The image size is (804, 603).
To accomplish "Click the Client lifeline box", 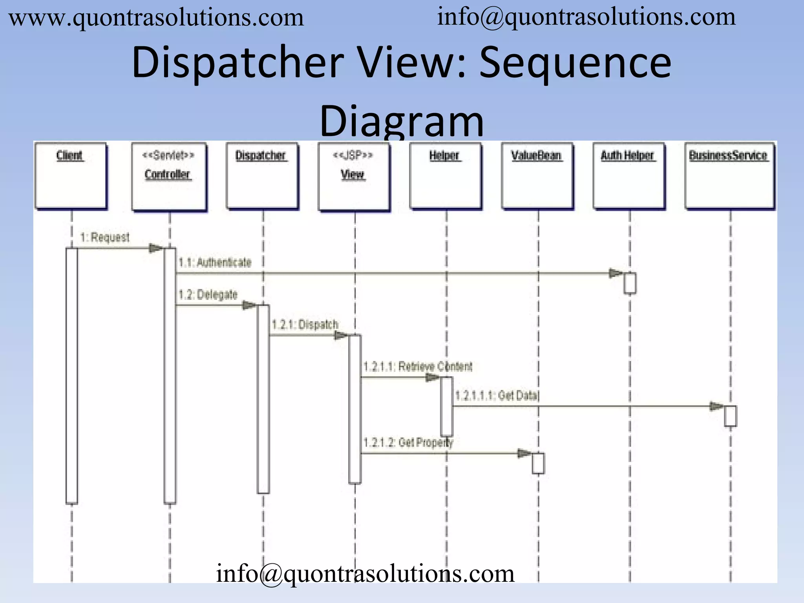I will click(x=71, y=175).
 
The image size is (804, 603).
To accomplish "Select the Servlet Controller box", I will click(x=169, y=177).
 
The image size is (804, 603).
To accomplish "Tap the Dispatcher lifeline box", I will click(x=262, y=175).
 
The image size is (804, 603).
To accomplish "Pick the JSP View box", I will click(x=354, y=177).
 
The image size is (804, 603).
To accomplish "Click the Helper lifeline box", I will click(x=445, y=175).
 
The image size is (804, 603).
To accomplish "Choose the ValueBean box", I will click(x=537, y=175).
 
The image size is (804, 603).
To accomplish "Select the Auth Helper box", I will click(x=629, y=175).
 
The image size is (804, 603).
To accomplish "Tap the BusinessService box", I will click(x=729, y=175).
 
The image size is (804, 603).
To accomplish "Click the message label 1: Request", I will click(x=105, y=238).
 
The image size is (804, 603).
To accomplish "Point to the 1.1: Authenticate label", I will click(x=215, y=262).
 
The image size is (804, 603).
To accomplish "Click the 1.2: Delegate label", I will click(x=208, y=294).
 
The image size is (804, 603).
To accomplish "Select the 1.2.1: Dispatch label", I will click(x=305, y=325).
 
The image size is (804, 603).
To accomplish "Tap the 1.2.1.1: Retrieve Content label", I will click(x=418, y=367).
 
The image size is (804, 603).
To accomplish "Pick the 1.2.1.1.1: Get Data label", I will click(x=497, y=395).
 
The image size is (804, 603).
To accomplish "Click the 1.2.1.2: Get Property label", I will click(x=408, y=443).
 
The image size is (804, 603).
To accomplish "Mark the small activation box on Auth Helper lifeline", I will click(x=630, y=283).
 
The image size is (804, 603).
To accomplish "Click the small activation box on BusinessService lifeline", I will click(x=730, y=416).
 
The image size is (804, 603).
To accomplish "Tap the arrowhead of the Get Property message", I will click(x=524, y=453).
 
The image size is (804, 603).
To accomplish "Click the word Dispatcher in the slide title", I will click(x=238, y=63).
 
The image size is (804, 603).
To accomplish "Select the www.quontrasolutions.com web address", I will click(x=156, y=18).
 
